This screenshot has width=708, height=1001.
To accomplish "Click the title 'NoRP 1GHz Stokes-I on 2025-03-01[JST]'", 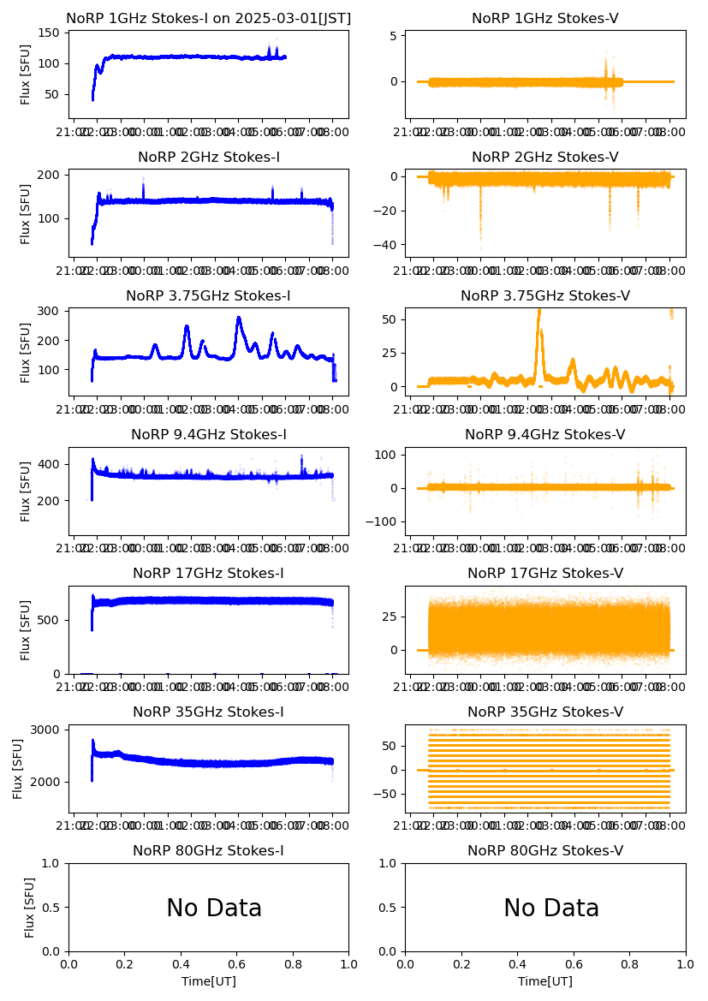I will tap(208, 19).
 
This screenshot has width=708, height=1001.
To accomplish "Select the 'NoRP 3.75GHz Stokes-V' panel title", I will tap(545, 296).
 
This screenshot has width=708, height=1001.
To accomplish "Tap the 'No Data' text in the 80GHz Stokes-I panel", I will tap(214, 909).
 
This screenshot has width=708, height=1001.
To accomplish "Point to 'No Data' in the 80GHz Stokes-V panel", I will tap(551, 909).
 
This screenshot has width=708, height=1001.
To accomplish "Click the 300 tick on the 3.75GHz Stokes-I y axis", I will tap(51, 311).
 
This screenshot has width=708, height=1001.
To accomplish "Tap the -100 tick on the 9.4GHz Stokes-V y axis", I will tap(384, 522).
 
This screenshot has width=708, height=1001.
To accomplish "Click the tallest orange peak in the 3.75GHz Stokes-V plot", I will tap(539, 311).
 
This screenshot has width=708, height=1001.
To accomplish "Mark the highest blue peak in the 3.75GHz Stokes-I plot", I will tap(239, 319).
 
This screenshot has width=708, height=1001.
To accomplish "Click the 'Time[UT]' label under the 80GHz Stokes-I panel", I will tap(208, 981).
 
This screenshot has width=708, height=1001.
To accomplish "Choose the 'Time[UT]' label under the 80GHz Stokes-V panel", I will tap(545, 981).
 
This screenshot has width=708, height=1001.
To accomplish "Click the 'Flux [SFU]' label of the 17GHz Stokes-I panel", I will tap(26, 629).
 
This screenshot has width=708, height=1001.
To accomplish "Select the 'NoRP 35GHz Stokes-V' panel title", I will tap(545, 712).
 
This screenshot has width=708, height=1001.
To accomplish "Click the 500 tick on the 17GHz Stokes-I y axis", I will tap(51, 619).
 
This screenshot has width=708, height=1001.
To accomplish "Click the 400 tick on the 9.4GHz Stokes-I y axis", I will tap(51, 464).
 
